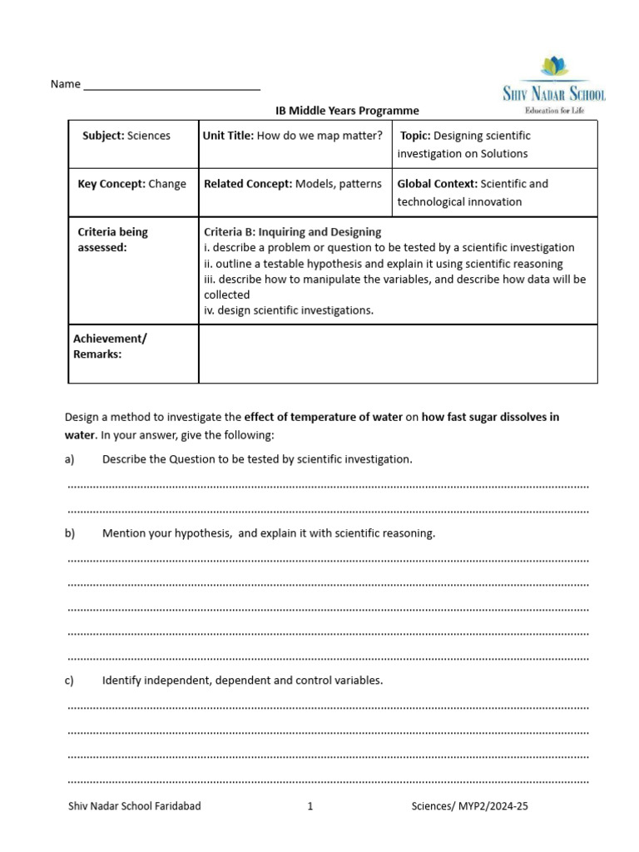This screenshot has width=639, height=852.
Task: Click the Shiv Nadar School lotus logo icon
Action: click(x=554, y=66)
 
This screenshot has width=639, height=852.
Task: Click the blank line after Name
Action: click(x=171, y=85)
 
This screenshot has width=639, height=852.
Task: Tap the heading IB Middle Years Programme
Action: click(x=348, y=111)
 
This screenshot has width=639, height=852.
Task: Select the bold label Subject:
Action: click(x=103, y=136)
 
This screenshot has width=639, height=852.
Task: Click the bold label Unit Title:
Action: click(x=228, y=136)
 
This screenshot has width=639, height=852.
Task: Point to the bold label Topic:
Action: click(x=415, y=136)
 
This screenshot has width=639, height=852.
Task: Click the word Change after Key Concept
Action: click(x=167, y=184)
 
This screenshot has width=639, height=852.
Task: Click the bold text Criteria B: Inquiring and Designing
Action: click(x=293, y=232)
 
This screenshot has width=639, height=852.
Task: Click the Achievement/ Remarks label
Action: click(x=110, y=346)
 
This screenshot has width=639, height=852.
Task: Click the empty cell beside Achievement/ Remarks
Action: click(x=398, y=354)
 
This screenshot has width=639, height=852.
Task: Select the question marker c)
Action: click(x=70, y=681)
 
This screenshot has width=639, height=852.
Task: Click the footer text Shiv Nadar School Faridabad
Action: click(x=134, y=806)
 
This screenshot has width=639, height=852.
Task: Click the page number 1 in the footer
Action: click(x=310, y=806)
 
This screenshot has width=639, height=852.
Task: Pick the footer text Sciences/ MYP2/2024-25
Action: click(x=470, y=806)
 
